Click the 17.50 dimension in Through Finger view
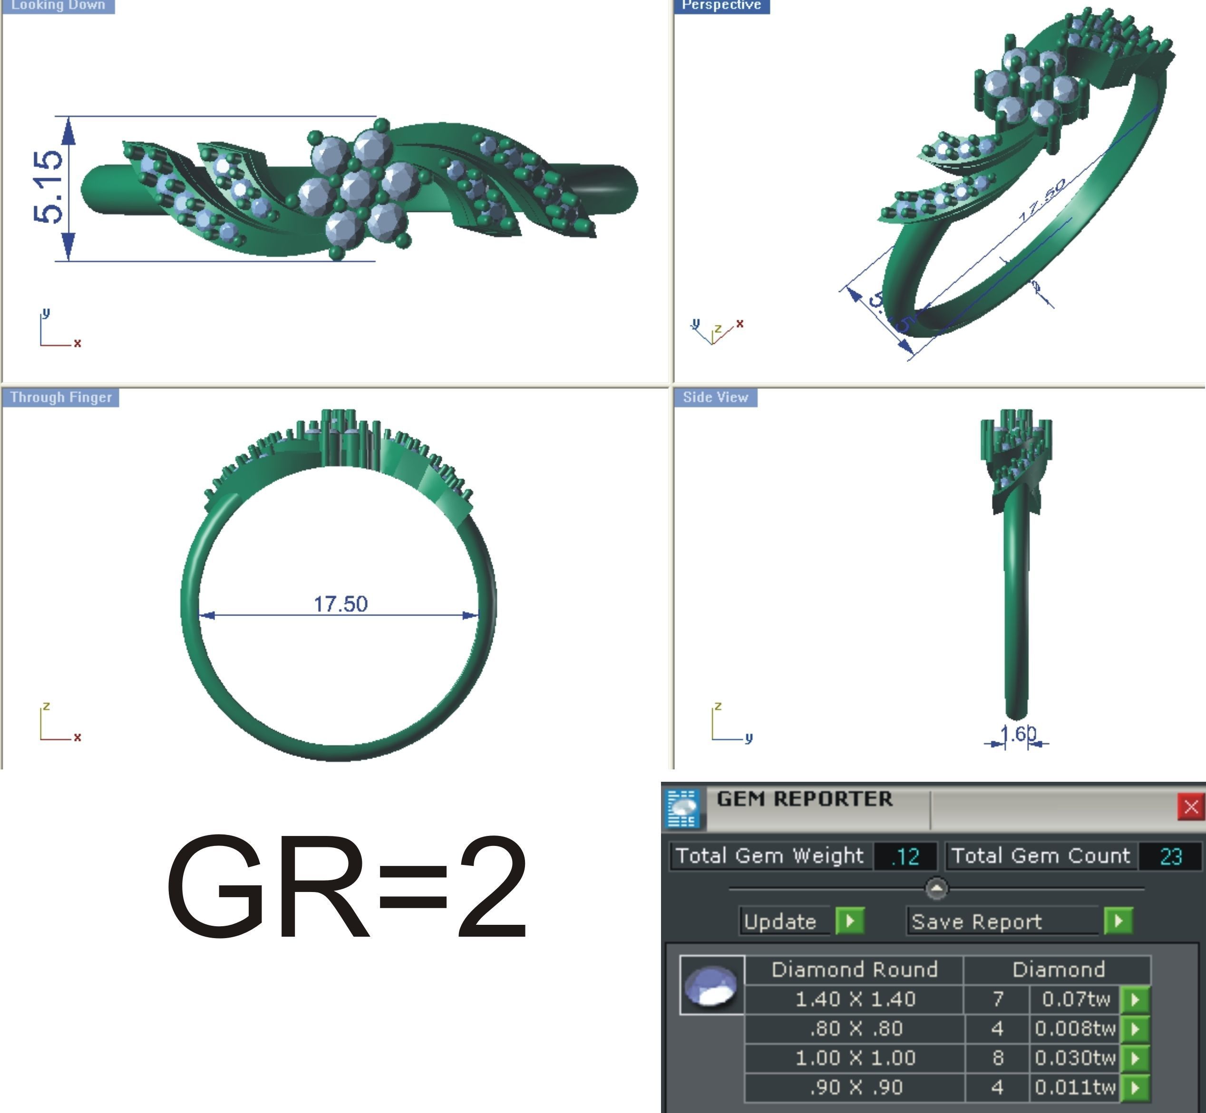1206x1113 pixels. tap(340, 604)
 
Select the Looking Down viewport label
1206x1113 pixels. tap(58, 5)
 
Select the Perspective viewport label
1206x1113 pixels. tap(721, 5)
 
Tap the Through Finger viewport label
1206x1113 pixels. tap(61, 397)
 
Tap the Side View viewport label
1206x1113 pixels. tap(715, 397)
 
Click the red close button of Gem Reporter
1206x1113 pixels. tap(1190, 807)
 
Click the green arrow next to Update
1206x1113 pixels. tap(850, 921)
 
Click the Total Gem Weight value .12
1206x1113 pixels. tap(905, 856)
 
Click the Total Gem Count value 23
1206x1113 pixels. tap(1170, 856)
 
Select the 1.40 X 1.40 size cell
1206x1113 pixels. tap(855, 999)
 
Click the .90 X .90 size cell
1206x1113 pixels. tap(855, 1087)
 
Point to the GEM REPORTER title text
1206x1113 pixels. tap(804, 799)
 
